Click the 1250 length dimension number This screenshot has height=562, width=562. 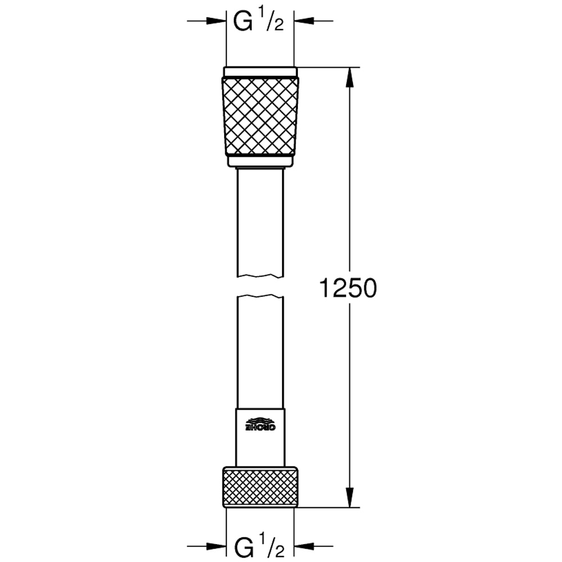point(347,289)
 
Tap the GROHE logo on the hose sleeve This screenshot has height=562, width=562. point(260,424)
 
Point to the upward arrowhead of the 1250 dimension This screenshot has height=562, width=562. point(350,76)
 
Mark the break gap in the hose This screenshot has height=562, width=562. point(260,285)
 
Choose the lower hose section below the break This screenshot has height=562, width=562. point(260,354)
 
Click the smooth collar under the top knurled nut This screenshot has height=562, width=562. point(260,161)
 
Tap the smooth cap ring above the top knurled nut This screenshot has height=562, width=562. point(260,71)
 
